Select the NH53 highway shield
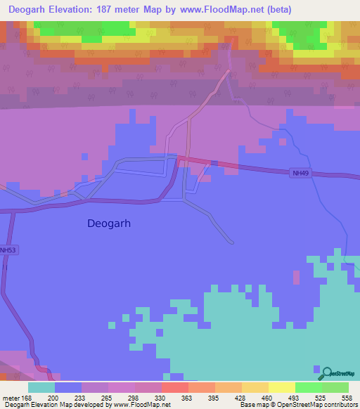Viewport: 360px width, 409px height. point(8,250)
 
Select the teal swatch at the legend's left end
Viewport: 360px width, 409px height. point(41,387)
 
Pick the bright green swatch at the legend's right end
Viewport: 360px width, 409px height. point(335,387)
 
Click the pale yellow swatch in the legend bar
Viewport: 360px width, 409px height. point(282,387)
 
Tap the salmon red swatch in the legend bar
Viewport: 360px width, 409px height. point(175,387)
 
